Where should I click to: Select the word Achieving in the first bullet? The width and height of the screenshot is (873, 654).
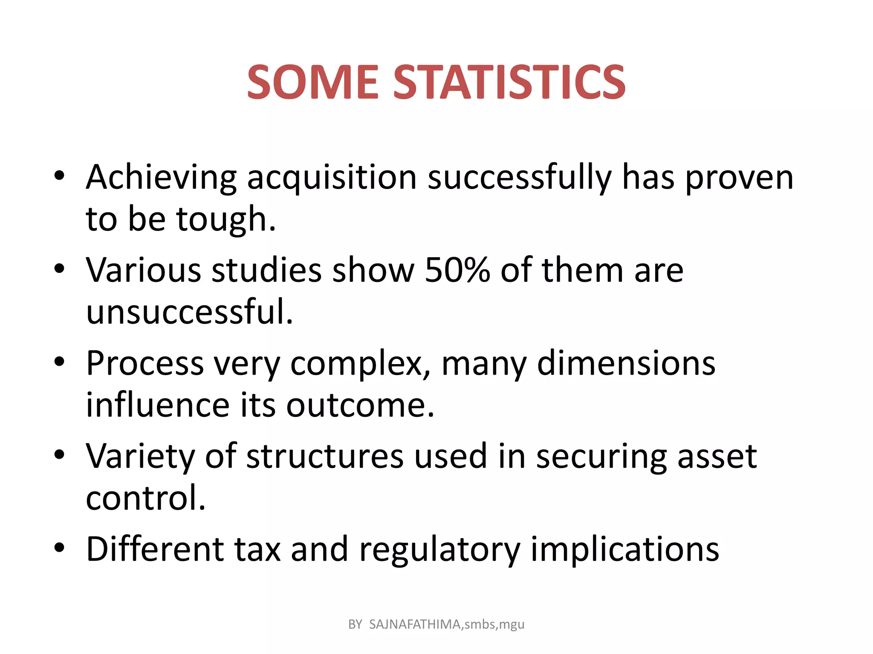161,178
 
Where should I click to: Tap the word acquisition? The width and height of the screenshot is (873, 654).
332,178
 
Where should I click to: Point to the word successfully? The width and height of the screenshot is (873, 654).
520,178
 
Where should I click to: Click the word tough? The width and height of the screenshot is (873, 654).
226,220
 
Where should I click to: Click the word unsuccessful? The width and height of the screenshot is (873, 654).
190,312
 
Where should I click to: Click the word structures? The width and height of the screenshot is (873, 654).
324,456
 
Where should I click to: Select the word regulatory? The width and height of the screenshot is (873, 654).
439,550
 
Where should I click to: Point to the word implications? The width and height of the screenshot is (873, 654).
624,550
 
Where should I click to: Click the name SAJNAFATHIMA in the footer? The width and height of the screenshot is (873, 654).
415,624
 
